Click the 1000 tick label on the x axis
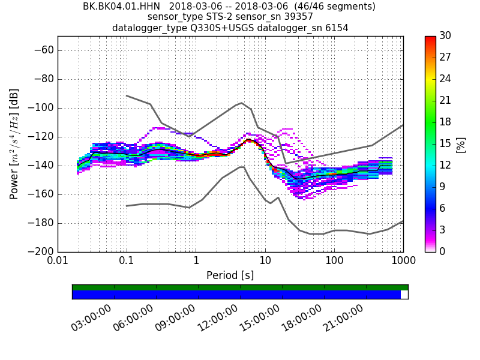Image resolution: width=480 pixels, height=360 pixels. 403,262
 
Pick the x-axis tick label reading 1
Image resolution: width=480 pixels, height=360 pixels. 196,262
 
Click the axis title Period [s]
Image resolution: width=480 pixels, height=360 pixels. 230,275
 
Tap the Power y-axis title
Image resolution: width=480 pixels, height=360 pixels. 14,144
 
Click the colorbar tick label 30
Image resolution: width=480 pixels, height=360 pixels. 446,36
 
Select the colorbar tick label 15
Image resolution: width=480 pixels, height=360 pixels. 446,144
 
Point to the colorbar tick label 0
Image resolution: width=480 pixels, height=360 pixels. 442,252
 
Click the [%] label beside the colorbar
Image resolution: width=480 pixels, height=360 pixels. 461,144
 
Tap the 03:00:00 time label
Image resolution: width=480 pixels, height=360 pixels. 92,318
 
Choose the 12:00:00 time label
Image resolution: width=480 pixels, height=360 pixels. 218,318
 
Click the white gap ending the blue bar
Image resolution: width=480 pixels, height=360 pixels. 404,295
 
